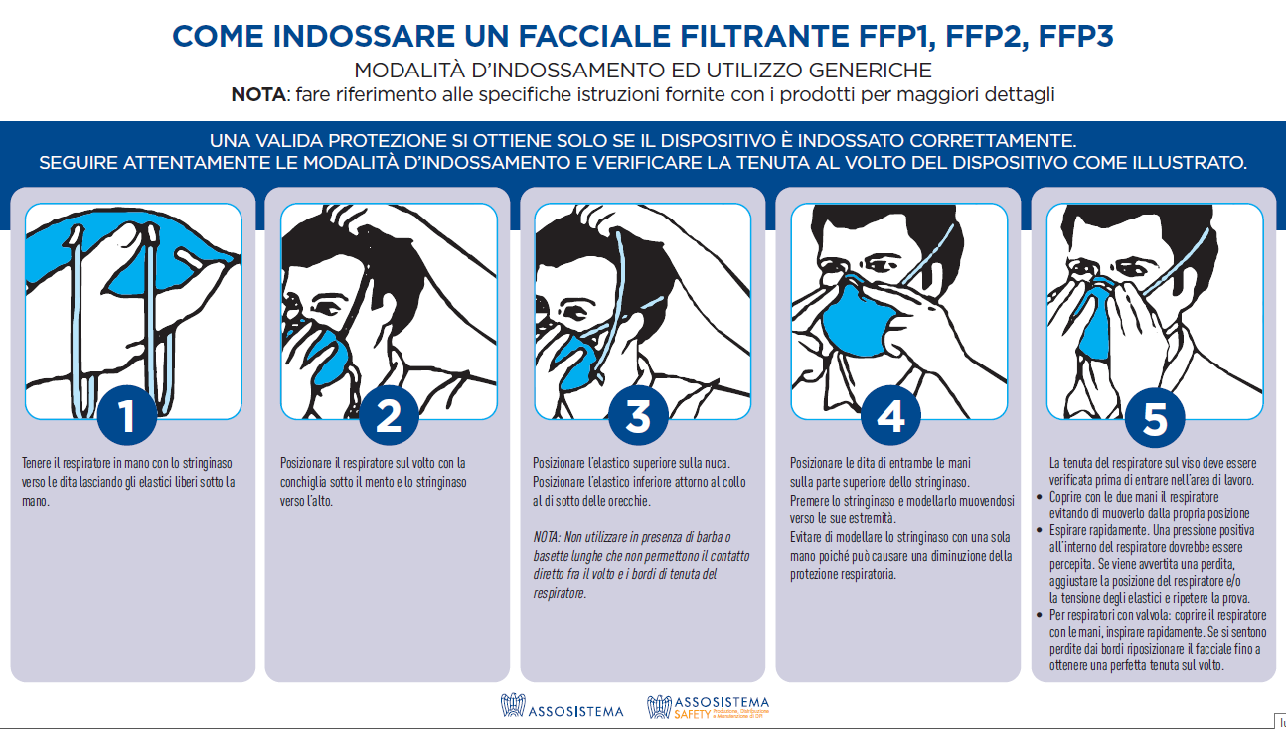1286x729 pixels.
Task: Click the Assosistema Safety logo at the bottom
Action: (x=708, y=707)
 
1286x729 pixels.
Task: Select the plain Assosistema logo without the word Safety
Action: (x=563, y=708)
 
